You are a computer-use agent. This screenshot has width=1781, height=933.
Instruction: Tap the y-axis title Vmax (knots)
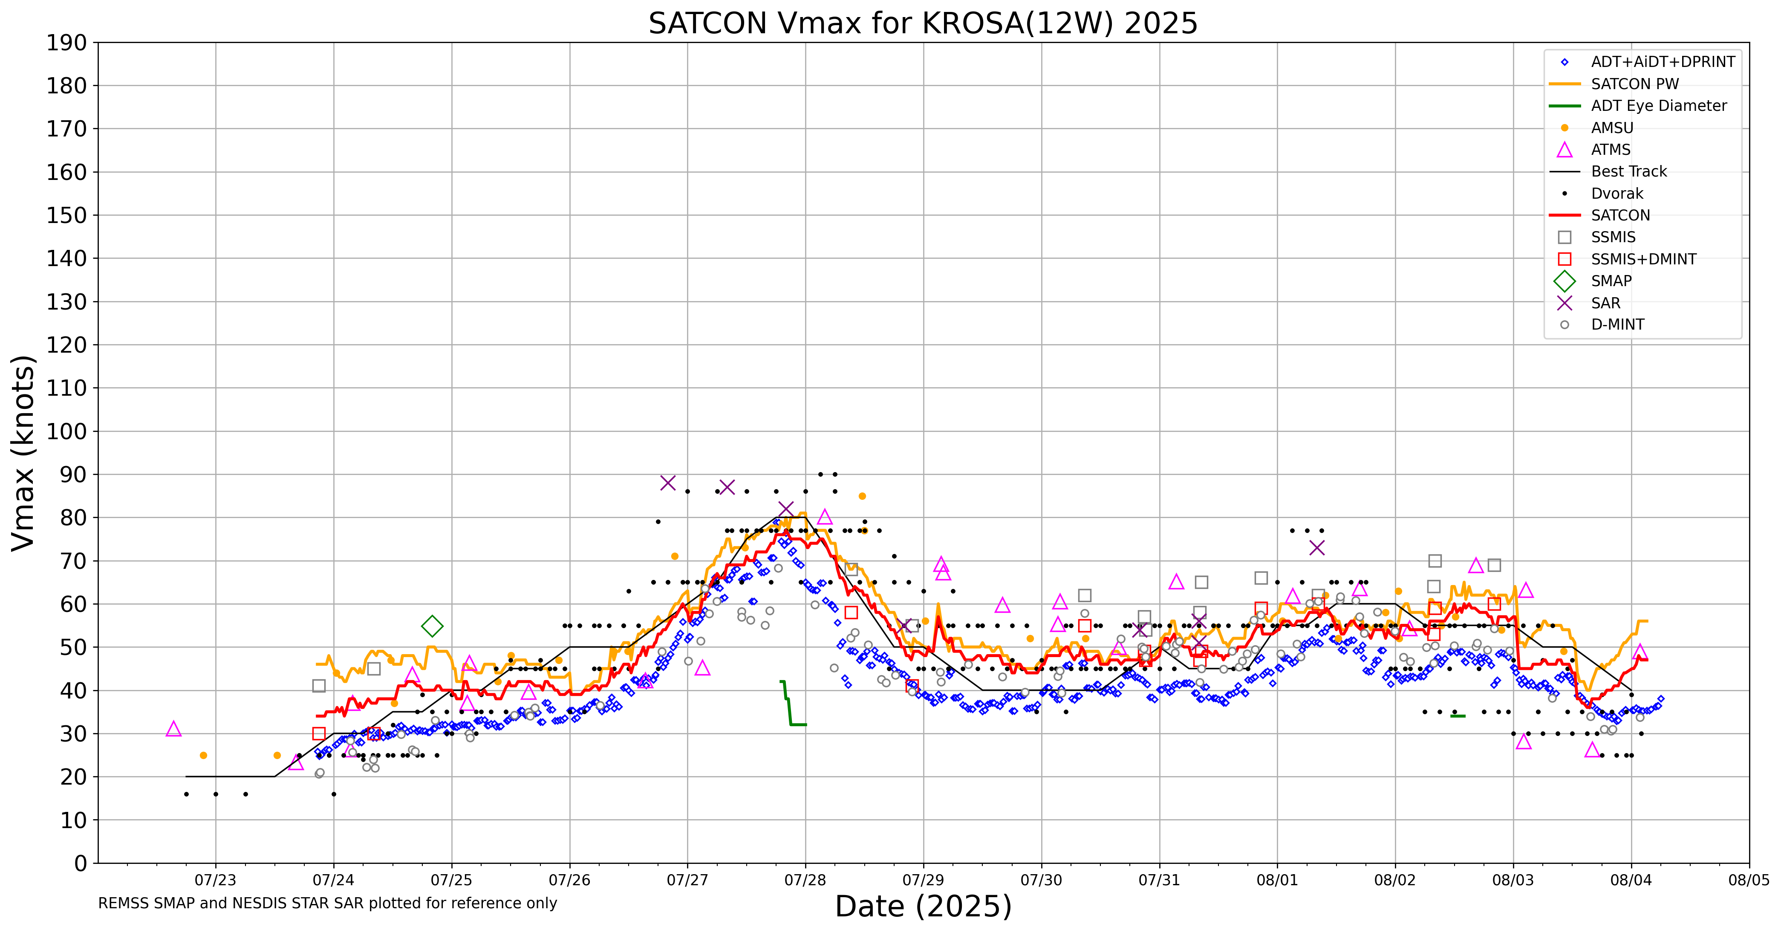click(23, 453)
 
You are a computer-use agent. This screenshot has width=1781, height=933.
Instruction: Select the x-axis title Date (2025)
click(923, 907)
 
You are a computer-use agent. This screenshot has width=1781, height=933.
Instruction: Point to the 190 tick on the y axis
click(66, 43)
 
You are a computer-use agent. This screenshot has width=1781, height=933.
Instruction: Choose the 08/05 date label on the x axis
click(1749, 881)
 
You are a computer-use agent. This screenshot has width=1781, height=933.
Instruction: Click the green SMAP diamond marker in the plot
click(432, 626)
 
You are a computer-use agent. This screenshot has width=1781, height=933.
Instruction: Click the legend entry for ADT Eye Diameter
click(1658, 106)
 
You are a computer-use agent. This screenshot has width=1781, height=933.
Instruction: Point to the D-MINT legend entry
click(1617, 325)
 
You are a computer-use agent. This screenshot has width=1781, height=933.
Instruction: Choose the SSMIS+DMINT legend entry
click(1643, 259)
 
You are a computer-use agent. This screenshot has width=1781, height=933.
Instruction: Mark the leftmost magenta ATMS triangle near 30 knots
click(173, 729)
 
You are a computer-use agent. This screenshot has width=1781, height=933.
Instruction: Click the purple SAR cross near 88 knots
click(667, 483)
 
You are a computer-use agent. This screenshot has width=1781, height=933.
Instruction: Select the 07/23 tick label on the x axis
click(215, 881)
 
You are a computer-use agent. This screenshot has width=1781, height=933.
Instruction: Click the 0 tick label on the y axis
click(81, 863)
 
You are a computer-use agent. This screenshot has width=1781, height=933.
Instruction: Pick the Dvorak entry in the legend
click(1616, 194)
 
